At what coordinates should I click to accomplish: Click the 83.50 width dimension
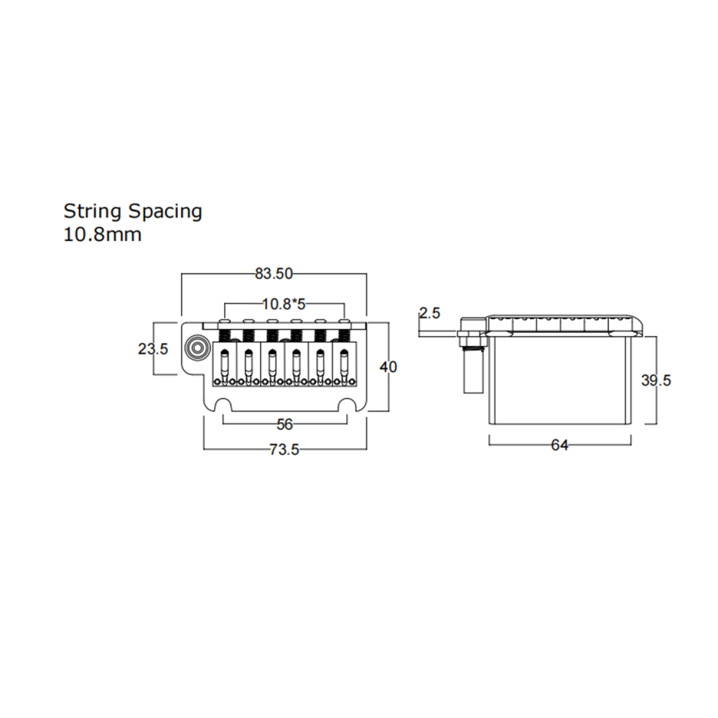pos(274,274)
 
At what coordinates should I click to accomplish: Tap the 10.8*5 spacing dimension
pos(284,304)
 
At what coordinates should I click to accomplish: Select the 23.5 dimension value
pos(153,349)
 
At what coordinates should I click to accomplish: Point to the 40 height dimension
pos(388,367)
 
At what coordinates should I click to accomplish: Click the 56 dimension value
pos(284,424)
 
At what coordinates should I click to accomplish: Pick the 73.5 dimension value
pos(284,449)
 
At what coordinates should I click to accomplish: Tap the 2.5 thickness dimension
pos(429,313)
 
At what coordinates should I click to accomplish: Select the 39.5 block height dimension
pos(656,380)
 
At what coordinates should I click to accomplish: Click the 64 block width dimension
pos(559,445)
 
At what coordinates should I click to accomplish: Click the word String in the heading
pos(93,212)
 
